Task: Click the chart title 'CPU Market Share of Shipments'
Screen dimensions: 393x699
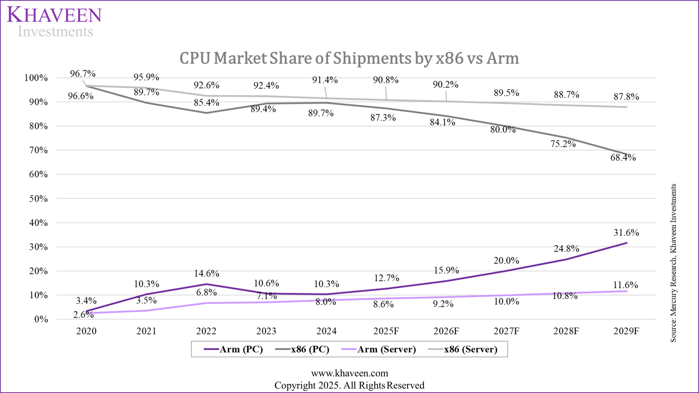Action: tap(349, 58)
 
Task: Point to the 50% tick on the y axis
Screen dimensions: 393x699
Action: tap(36, 199)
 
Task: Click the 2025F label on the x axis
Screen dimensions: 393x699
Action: tap(386, 331)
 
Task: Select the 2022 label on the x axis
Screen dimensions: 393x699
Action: tap(206, 331)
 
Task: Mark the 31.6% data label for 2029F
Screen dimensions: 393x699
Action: tap(626, 233)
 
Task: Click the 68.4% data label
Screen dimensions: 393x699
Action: tap(623, 158)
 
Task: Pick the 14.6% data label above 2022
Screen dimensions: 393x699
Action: tap(207, 274)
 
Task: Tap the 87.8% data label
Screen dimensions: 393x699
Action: tap(626, 97)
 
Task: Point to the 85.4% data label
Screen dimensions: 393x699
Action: tap(207, 103)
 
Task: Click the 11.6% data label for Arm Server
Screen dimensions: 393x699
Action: tap(626, 285)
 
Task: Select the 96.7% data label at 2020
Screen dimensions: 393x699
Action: tap(83, 74)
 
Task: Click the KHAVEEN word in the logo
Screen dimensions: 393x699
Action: tap(54, 15)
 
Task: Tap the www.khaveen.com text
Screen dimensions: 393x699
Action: tap(349, 373)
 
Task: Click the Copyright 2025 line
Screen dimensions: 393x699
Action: tap(349, 386)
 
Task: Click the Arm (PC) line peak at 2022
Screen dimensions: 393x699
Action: tap(206, 284)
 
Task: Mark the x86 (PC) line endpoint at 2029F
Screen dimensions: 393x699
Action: tap(626, 154)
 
